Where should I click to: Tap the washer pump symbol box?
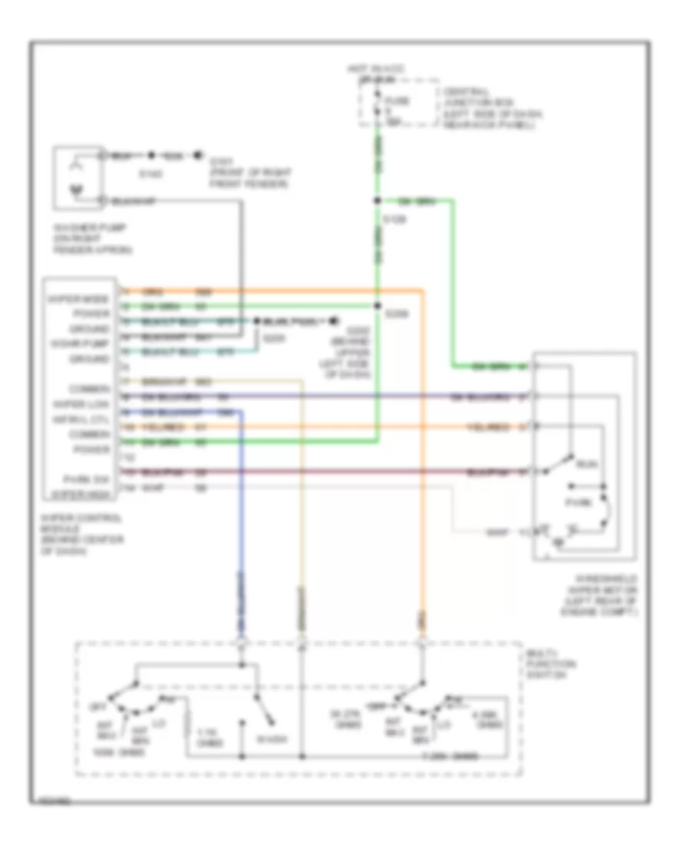pyautogui.click(x=77, y=177)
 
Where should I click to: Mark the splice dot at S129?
pyautogui.click(x=377, y=201)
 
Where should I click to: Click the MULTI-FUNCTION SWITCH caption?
pyautogui.click(x=549, y=663)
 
